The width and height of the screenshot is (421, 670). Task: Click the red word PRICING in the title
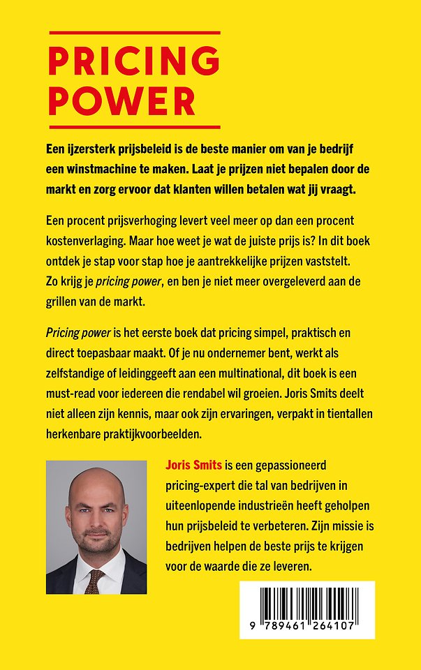click(134, 63)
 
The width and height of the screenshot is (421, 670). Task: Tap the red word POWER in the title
click(121, 102)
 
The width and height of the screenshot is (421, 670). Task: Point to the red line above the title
click(134, 33)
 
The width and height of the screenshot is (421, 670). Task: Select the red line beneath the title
click(134, 127)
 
